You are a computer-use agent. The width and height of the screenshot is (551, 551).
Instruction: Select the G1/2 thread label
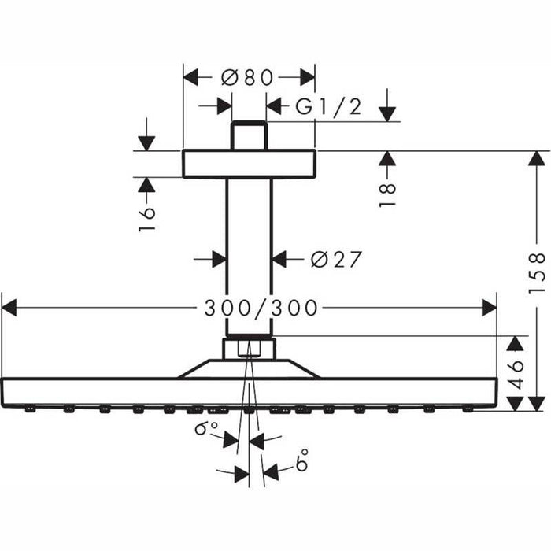tap(328, 106)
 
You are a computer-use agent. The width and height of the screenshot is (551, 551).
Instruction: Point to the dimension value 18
tap(385, 194)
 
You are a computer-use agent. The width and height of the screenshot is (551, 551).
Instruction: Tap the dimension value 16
tap(146, 216)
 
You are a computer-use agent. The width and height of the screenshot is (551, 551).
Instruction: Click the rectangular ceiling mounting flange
tap(249, 163)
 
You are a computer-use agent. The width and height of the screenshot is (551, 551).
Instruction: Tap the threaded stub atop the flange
tap(249, 135)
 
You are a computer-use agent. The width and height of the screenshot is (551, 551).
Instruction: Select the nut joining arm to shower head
tap(249, 348)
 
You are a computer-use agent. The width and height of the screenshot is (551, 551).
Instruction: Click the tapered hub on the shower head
tap(249, 369)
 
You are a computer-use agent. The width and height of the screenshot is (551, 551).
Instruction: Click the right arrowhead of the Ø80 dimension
tap(307, 76)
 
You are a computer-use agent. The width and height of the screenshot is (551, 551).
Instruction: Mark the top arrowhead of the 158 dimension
tap(537, 158)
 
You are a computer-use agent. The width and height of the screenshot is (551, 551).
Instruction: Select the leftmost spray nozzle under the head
tap(30, 409)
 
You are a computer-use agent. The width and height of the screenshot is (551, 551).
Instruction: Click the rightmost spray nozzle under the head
tap(469, 409)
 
